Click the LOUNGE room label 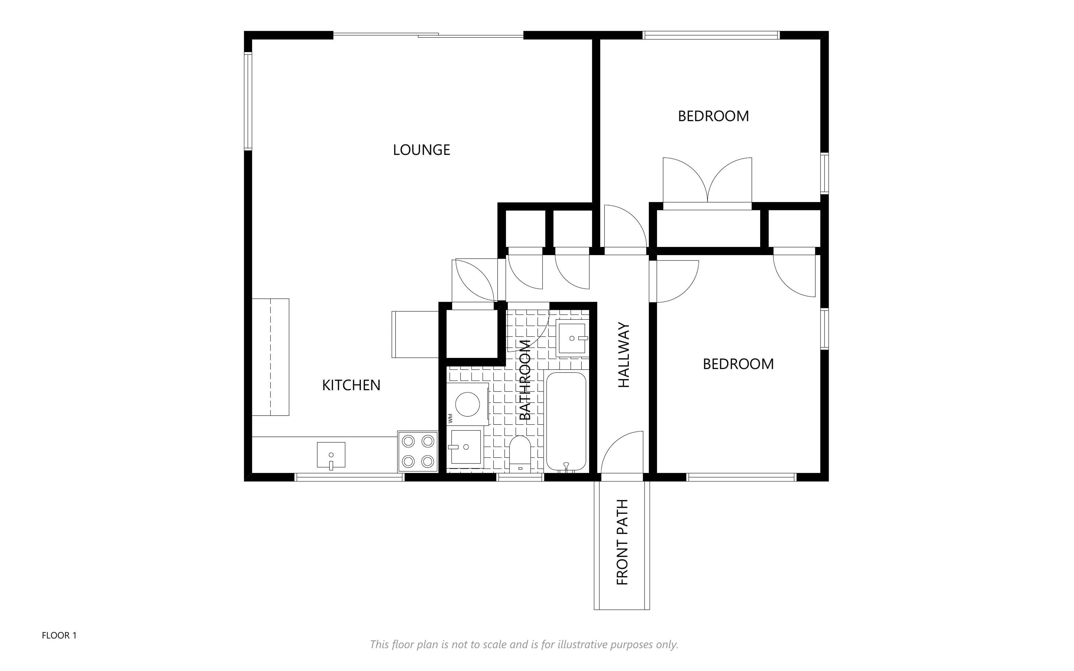coord(421,150)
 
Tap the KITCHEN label coord(351,385)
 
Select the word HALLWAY coord(624,355)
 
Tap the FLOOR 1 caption coord(59,635)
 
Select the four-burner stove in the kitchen coord(418,451)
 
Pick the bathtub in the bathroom coord(566,422)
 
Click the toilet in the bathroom coord(520,454)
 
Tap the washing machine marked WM coord(468,404)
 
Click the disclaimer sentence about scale coord(524,644)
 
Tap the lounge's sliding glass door coord(428,35)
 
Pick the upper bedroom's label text coord(713,116)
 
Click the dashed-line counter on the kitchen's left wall coord(271,357)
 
